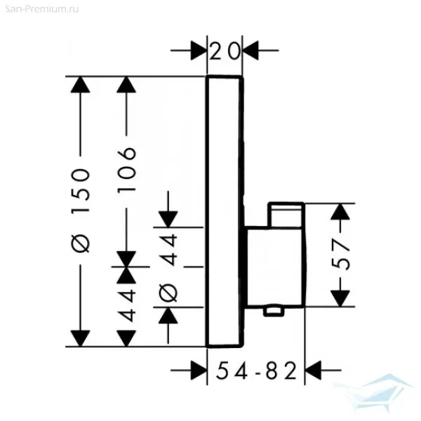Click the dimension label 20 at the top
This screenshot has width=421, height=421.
click(x=225, y=50)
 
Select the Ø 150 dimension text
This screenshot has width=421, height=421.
click(x=82, y=210)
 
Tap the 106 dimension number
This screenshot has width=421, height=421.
click(x=126, y=163)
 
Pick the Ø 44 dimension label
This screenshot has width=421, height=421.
click(x=168, y=266)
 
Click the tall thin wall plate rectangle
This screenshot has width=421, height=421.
click(x=225, y=210)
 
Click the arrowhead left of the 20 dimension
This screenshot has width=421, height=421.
click(x=197, y=50)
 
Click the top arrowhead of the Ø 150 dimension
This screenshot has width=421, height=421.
click(x=82, y=86)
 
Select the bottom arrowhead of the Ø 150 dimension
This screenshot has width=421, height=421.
click(x=82, y=337)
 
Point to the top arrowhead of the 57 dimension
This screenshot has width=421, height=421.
click(x=342, y=213)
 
